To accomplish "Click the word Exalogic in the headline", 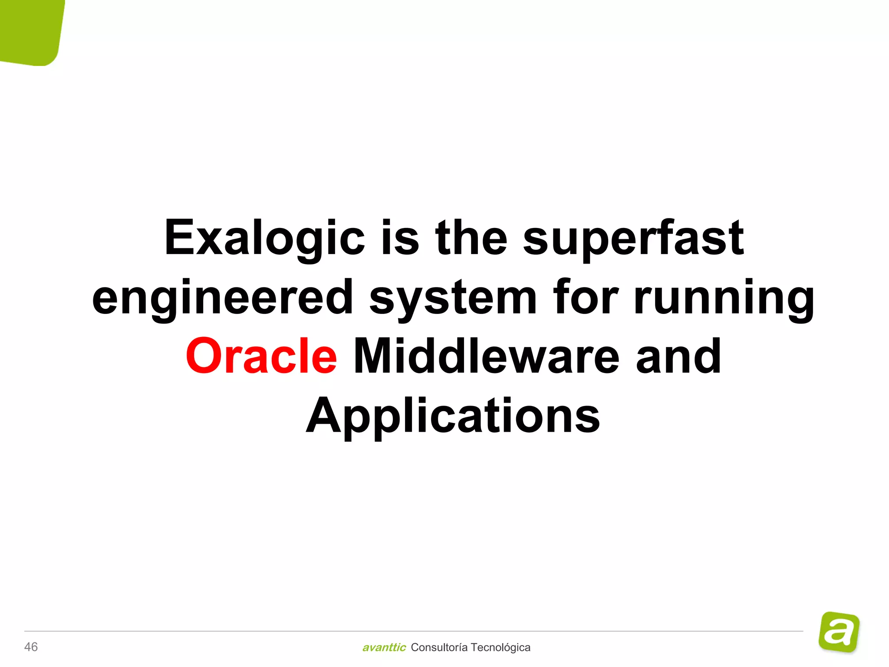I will tap(265, 238).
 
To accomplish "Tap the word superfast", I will tap(634, 238).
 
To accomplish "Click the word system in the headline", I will tap(454, 298).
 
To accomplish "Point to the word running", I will tap(724, 298).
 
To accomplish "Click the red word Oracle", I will tap(261, 356).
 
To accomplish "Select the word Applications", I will tap(453, 416).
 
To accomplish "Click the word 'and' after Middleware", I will tap(678, 356).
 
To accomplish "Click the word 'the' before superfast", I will tap(471, 238).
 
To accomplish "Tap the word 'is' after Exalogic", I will tap(400, 238).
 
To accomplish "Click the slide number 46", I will tap(31, 647).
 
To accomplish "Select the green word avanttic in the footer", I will tap(384, 647).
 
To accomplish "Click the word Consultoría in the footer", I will tap(439, 647).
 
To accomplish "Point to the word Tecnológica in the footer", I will tap(500, 647).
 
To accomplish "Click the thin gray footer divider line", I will tap(412, 631).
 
